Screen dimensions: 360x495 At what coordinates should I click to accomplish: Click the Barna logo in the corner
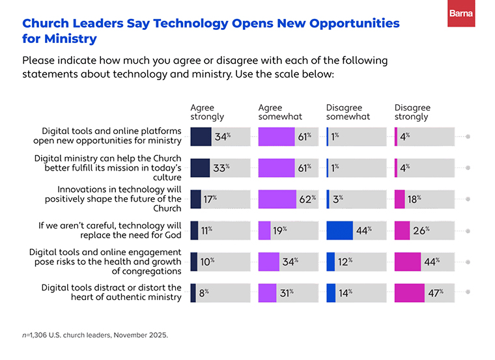point(461,14)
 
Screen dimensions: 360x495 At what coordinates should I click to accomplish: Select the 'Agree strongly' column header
point(206,112)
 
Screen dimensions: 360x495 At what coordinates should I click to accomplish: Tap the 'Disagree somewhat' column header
point(348,112)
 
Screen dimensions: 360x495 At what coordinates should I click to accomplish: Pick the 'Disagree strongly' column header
point(412,112)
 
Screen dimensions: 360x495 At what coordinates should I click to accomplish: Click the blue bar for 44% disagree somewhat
point(339,230)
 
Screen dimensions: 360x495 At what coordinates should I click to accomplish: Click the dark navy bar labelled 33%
point(199,168)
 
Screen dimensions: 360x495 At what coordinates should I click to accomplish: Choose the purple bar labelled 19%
point(264,230)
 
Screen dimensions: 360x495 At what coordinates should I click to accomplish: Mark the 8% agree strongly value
point(203,293)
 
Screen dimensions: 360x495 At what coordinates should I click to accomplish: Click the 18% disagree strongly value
point(414,199)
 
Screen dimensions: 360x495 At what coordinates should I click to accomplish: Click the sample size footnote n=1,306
point(95,335)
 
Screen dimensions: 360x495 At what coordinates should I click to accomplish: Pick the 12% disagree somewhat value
point(345,262)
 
